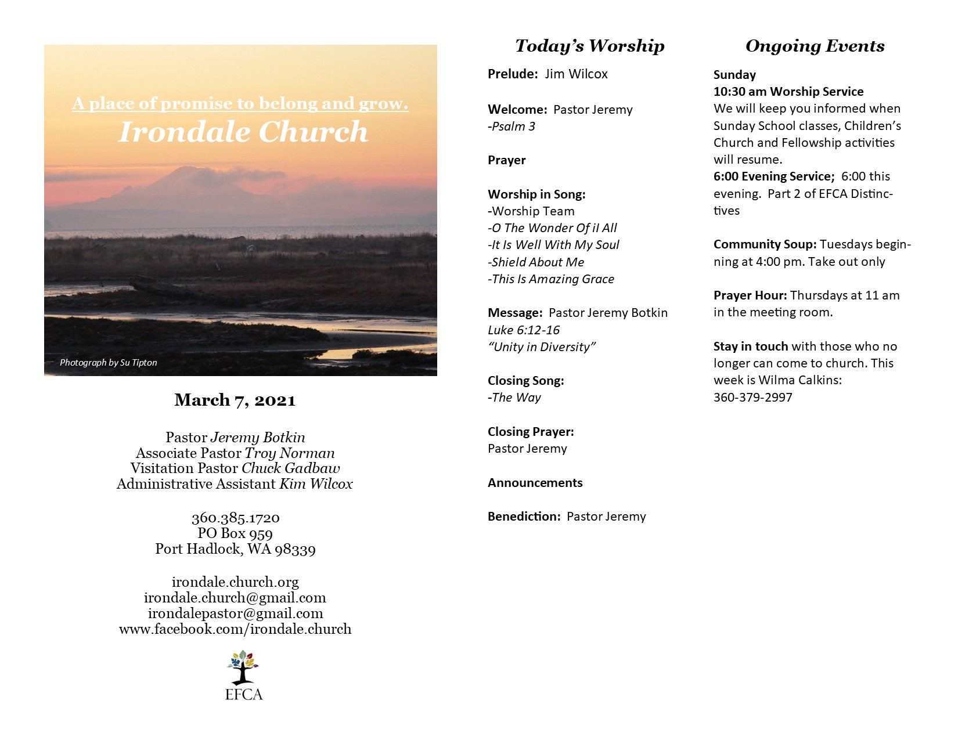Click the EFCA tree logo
point(243,668)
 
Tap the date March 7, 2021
point(235,400)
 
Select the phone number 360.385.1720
point(235,518)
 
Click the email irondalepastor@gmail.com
point(235,613)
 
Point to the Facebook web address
point(235,629)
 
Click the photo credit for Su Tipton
point(108,363)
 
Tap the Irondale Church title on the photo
point(243,132)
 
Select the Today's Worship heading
point(589,46)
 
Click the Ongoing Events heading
point(815,46)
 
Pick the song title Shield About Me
point(536,262)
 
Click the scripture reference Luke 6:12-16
point(524,330)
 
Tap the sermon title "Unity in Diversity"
point(542,347)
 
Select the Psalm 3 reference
point(512,127)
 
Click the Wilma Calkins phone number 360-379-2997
point(752,398)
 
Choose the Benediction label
point(524,517)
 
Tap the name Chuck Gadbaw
point(291,468)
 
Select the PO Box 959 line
point(235,533)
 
